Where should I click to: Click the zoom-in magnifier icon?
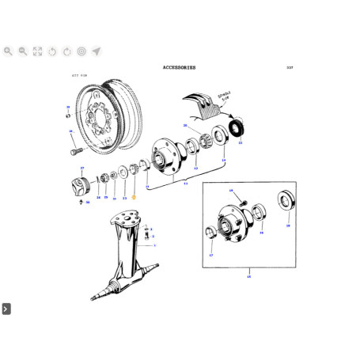(8, 51)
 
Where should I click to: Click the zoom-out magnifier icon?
(23, 51)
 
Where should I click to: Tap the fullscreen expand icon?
(37, 51)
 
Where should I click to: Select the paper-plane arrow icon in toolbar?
(96, 51)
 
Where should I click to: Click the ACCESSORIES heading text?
(179, 69)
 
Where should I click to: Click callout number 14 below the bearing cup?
(223, 161)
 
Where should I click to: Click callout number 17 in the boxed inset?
(211, 256)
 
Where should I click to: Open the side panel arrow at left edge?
(6, 308)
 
